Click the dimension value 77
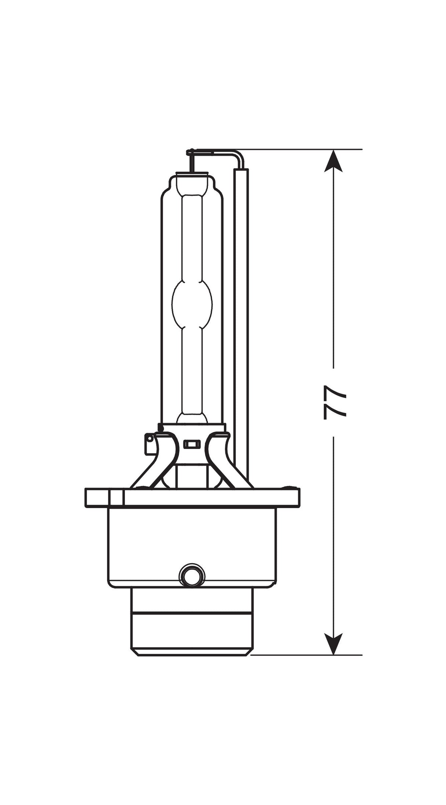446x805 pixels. pos(334,402)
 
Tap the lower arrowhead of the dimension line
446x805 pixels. pos(333,643)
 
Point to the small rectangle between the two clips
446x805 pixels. pos(191,444)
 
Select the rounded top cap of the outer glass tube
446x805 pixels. pos(191,180)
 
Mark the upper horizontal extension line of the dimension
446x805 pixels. pos(301,150)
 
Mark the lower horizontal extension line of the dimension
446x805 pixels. pos(305,655)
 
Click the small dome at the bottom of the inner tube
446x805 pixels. pos(192,418)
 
